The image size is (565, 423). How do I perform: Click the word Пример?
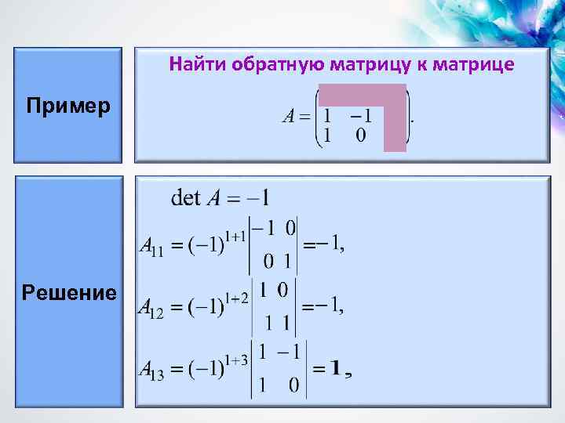click(67, 105)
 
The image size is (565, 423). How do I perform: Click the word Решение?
click(70, 294)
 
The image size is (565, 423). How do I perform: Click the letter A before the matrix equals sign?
click(288, 117)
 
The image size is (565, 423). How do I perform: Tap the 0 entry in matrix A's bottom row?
click(360, 136)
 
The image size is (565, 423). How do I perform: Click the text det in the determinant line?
click(186, 197)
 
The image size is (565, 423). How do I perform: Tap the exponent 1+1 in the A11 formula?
click(235, 234)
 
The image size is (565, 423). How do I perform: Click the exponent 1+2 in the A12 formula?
click(235, 297)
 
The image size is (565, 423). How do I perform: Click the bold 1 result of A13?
click(335, 369)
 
